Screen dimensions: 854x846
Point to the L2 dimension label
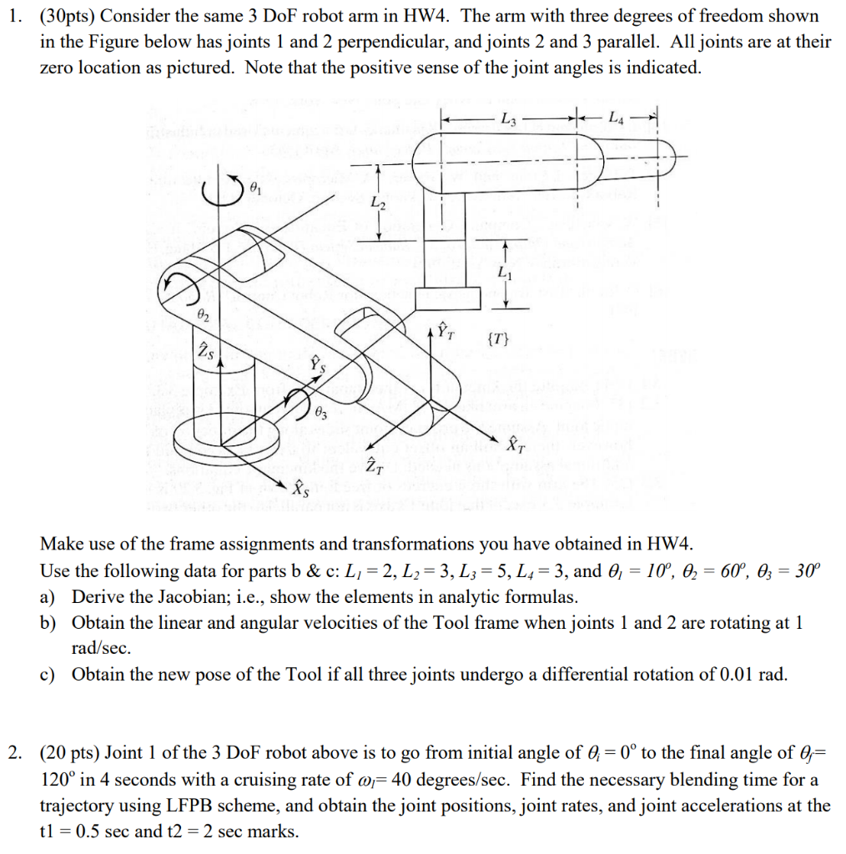pyautogui.click(x=378, y=204)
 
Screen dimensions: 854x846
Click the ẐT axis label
pyautogui.click(x=375, y=465)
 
